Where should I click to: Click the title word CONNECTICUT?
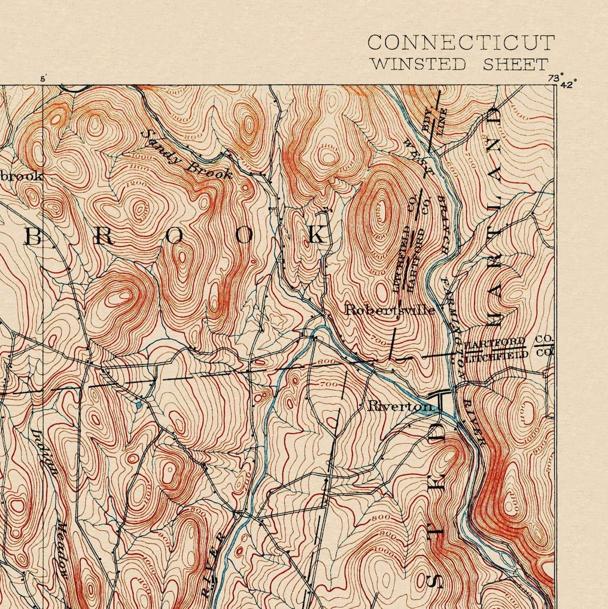[461, 43]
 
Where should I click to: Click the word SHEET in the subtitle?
[515, 64]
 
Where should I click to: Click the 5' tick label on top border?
[42, 78]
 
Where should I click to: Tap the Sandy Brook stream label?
[187, 155]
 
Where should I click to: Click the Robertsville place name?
[390, 310]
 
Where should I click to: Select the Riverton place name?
[400, 406]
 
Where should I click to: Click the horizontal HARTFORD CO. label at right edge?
[509, 343]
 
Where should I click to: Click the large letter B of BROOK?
[34, 237]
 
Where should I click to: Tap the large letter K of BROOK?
[317, 235]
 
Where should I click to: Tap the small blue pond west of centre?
[139, 405]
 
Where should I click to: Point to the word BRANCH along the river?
[446, 221]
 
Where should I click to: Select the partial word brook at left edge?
[21, 176]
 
